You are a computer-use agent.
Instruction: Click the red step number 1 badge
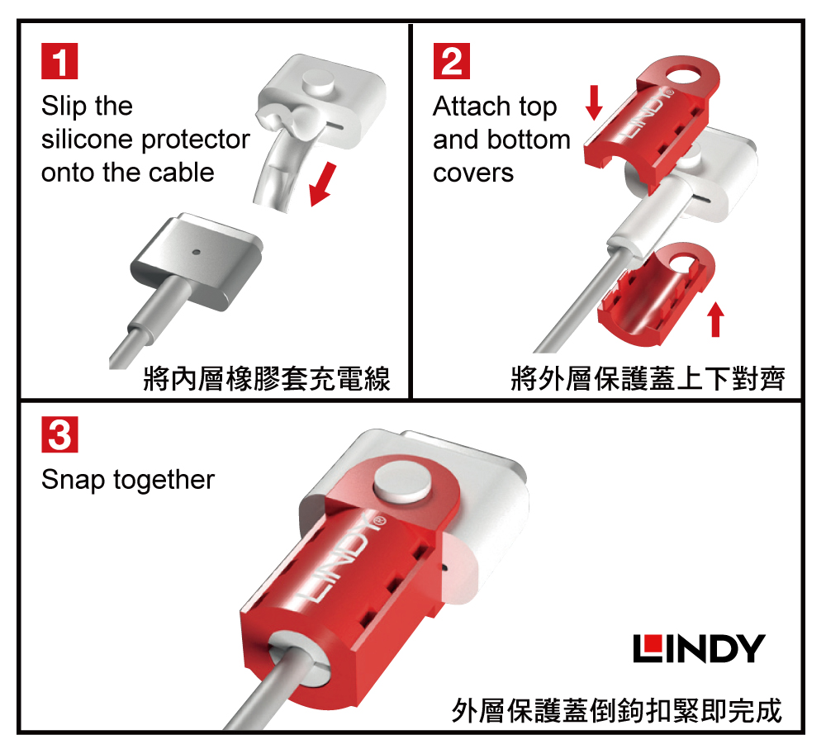coord(59,61)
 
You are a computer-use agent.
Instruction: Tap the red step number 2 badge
coord(452,61)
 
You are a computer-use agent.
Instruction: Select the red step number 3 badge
coord(59,434)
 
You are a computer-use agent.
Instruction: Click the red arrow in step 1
coord(322,184)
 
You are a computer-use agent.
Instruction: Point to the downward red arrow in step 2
coord(594,102)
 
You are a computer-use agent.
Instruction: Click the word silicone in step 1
coord(87,139)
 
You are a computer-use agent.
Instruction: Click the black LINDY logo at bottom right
coord(699,648)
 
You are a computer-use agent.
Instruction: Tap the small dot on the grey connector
coord(197,252)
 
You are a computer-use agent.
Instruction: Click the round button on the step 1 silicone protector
coord(318,82)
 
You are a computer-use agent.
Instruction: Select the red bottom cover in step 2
coord(657,295)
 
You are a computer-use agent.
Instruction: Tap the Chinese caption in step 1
coord(267,379)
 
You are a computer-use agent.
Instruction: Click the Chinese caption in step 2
coord(648,379)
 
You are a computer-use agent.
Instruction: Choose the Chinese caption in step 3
coord(616,710)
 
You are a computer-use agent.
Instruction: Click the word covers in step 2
coord(473,173)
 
